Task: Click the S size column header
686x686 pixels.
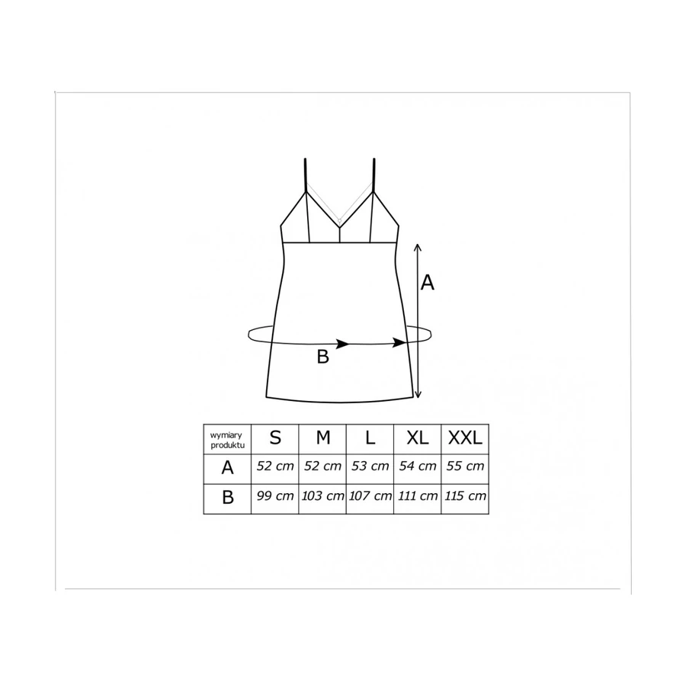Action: coord(275,438)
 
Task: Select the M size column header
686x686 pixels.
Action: coord(323,438)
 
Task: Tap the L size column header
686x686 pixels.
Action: coord(370,438)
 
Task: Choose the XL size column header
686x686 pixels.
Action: coord(418,438)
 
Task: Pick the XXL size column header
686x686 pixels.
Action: coord(465,438)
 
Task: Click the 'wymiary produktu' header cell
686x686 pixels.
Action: coord(227,440)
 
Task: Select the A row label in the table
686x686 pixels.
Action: coord(227,468)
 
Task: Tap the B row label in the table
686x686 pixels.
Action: coord(227,498)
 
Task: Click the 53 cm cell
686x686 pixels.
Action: coord(370,466)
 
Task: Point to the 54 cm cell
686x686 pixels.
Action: coord(418,466)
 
